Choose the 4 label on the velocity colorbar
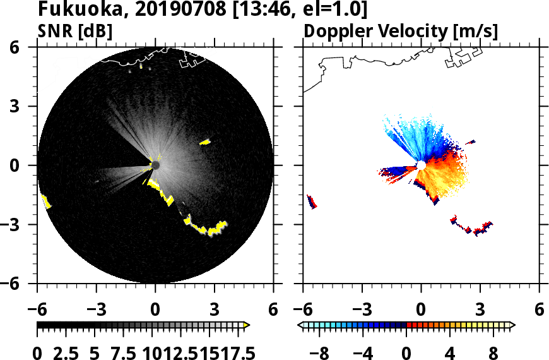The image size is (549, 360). [450, 352]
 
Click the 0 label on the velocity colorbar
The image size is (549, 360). [407, 352]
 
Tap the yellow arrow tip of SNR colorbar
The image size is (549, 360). [247, 325]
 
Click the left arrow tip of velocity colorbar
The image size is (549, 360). [301, 325]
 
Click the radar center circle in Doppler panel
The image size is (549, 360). [421, 165]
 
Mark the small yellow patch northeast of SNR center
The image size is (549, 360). [205, 142]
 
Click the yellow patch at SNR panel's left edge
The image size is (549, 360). [46, 201]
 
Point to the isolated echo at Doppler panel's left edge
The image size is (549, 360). [312, 201]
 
